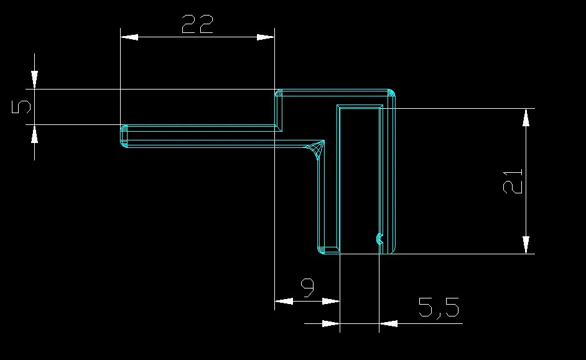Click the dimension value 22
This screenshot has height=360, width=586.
point(197,24)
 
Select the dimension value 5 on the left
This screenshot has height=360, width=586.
point(21,107)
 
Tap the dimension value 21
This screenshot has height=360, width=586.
point(513,182)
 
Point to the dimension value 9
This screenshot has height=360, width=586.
point(307,288)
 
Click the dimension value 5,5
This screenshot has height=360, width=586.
point(439,308)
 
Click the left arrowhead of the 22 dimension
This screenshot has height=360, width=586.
point(129,37)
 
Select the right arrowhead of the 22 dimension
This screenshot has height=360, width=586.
point(266,37)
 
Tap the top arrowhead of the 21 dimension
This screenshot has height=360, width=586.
point(526,118)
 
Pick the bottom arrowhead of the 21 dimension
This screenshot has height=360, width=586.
point(526,245)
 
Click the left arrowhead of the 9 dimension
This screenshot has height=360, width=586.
point(284,301)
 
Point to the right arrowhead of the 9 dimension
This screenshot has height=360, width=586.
point(331,301)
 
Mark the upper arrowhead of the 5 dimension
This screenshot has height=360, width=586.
point(34,80)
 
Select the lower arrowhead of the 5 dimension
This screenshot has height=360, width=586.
point(34,134)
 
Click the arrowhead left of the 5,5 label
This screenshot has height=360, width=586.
point(331,323)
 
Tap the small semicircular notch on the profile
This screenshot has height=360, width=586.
point(379,239)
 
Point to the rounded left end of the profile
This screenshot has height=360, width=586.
point(124,136)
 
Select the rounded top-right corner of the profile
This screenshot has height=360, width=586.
point(391,93)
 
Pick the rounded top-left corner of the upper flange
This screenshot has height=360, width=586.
point(279,93)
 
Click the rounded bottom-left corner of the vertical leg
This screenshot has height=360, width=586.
point(321,250)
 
